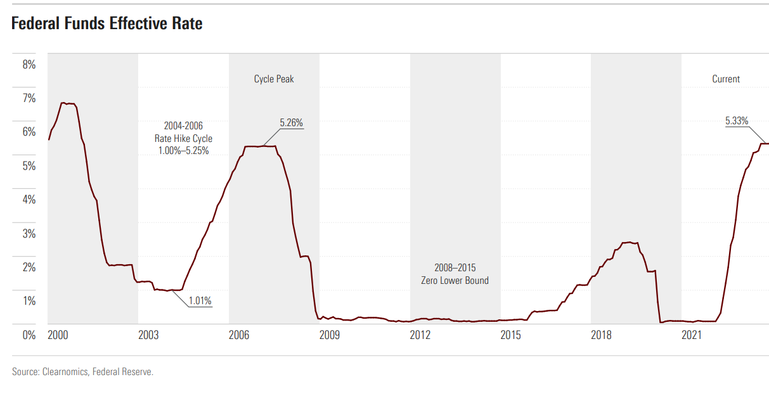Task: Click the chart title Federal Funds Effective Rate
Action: [x=107, y=24]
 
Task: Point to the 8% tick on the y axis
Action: [x=29, y=64]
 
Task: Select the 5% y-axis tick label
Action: [x=29, y=165]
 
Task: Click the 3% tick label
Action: [x=29, y=233]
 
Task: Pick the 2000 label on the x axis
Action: [x=58, y=335]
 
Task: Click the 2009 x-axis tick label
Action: [x=329, y=335]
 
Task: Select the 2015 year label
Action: [x=510, y=335]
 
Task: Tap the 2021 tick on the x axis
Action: [x=691, y=335]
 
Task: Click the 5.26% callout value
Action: [x=292, y=123]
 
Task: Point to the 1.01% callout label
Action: [x=200, y=301]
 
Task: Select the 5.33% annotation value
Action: [x=737, y=120]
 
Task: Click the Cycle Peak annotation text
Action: [x=274, y=79]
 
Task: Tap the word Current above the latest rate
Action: [x=726, y=79]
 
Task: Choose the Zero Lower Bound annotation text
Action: [x=455, y=280]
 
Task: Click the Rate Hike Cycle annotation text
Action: [x=183, y=138]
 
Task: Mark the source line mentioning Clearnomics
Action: [x=82, y=372]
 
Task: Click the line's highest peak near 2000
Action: [x=62, y=103]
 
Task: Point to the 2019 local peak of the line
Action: [x=628, y=242]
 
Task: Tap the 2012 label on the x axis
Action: [x=420, y=335]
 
